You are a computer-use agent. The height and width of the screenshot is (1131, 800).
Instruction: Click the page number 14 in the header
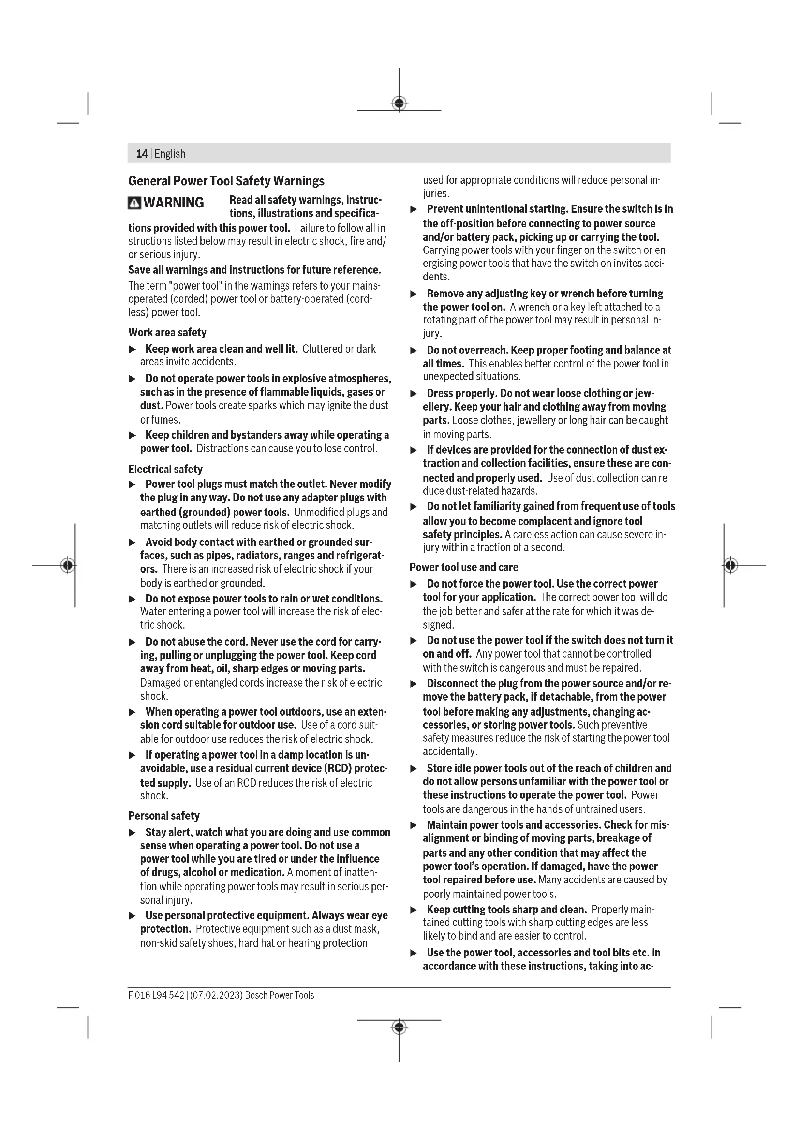click(x=141, y=154)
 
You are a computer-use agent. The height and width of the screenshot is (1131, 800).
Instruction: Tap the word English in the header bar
click(x=170, y=154)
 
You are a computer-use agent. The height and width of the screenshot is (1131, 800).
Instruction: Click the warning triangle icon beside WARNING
click(x=134, y=203)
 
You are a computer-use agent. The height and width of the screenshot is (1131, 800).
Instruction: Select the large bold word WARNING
click(x=174, y=203)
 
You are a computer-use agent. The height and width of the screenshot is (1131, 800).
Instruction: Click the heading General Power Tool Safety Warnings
click(x=226, y=181)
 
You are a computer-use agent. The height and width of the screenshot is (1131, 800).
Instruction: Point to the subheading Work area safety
click(x=167, y=332)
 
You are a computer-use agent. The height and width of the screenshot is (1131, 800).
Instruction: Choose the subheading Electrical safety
click(x=165, y=469)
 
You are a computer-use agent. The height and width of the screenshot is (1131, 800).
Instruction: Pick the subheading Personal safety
click(x=163, y=816)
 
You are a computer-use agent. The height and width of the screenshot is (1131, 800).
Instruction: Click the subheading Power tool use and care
click(x=463, y=567)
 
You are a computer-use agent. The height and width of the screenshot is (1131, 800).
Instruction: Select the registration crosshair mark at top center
click(x=399, y=103)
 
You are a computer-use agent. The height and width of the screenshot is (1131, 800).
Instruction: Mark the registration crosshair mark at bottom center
click(x=399, y=1028)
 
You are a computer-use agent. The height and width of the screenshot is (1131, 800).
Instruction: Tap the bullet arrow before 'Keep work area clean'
click(x=132, y=349)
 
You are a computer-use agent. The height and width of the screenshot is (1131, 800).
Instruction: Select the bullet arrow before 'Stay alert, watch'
click(x=132, y=833)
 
